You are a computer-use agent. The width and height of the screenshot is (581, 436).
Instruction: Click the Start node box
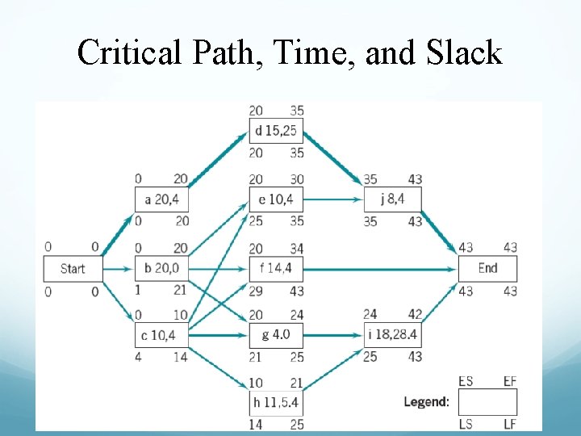click(73, 269)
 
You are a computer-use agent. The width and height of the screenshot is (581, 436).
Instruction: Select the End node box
click(487, 269)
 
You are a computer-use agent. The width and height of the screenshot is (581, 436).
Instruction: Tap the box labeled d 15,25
click(276, 131)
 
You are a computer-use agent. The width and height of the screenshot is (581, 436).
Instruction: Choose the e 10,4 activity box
click(276, 199)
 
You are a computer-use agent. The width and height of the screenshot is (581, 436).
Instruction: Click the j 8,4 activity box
click(392, 199)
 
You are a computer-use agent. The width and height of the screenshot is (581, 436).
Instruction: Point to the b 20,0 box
click(161, 269)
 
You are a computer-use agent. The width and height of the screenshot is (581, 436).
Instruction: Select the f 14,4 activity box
click(276, 269)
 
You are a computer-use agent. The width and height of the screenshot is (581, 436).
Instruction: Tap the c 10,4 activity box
click(161, 334)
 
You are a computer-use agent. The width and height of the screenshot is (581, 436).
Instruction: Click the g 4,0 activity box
click(276, 334)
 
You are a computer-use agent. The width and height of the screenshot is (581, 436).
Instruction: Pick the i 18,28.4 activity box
click(392, 334)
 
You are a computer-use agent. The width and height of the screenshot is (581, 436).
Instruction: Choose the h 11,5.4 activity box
click(276, 402)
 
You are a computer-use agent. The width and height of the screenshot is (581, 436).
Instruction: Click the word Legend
click(427, 402)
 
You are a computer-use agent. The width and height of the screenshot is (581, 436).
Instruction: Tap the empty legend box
click(487, 402)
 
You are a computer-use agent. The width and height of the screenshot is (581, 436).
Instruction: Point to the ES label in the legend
click(466, 381)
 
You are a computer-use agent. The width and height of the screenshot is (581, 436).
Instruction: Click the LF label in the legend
click(509, 423)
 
